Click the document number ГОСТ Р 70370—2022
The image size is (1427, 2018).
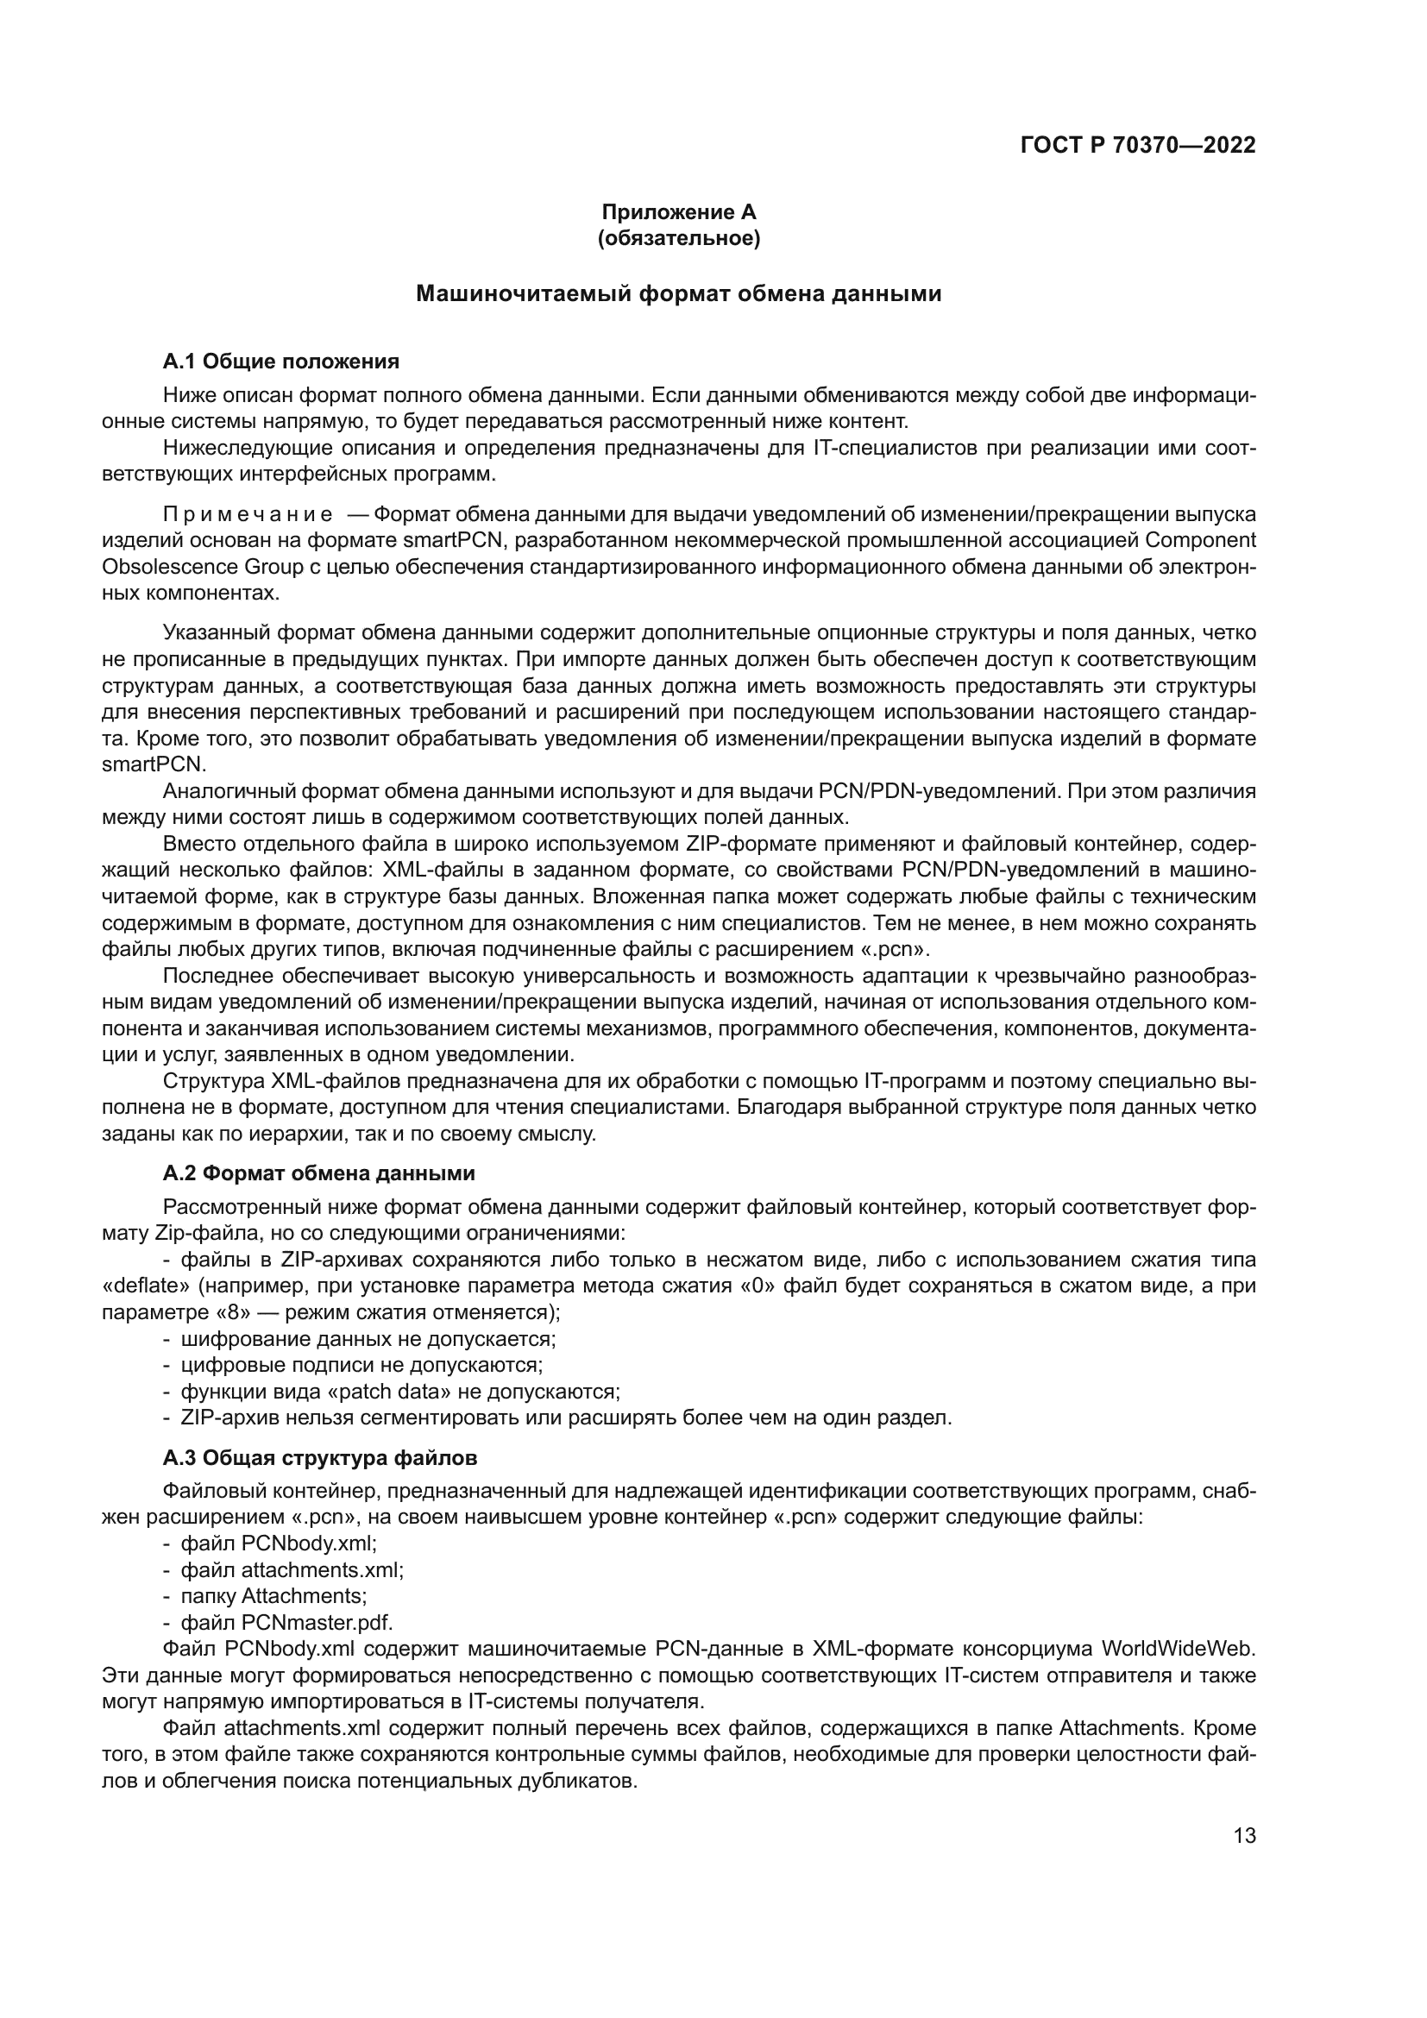pyautogui.click(x=1138, y=145)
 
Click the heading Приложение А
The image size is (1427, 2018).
pyautogui.click(x=678, y=212)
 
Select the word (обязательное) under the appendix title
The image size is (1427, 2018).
pyautogui.click(x=678, y=238)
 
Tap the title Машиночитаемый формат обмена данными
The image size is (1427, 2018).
pyautogui.click(x=678, y=293)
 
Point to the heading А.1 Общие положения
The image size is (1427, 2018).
pyautogui.click(x=280, y=361)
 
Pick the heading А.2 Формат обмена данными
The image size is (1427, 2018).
pyautogui.click(x=318, y=1173)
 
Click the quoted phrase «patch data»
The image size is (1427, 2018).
pyautogui.click(x=407, y=1392)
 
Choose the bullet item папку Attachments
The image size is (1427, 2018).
pyautogui.click(x=273, y=1596)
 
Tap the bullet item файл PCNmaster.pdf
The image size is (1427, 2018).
pyautogui.click(x=286, y=1623)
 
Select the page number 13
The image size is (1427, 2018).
pyautogui.click(x=1244, y=1836)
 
